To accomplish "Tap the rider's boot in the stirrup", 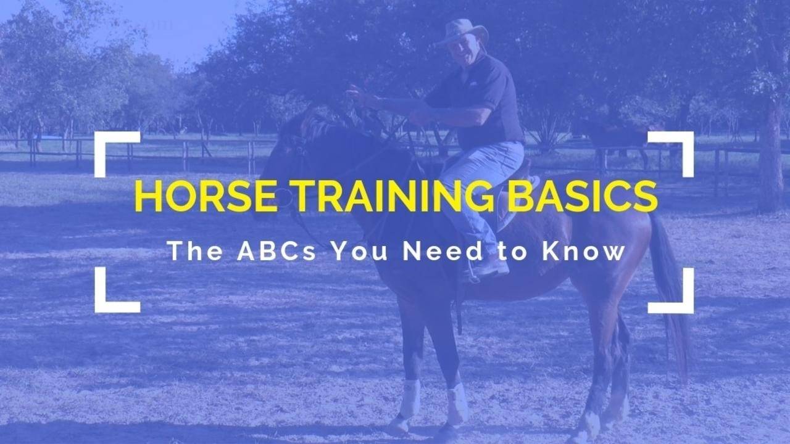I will click(x=488, y=268).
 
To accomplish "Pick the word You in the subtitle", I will click(x=358, y=251).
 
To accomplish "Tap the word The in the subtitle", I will click(x=194, y=251).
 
